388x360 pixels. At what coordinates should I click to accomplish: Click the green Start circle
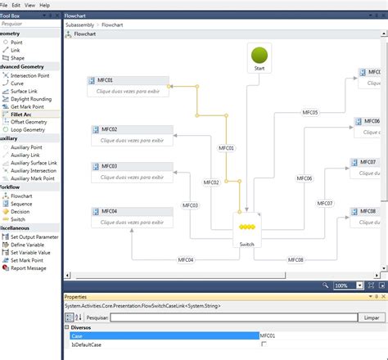click(x=259, y=55)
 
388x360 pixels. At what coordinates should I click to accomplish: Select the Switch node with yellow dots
click(x=247, y=232)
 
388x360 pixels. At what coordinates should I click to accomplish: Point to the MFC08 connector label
click(x=296, y=259)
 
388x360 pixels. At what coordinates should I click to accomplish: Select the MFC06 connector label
click(x=304, y=178)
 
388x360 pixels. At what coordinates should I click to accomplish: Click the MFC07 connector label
click(x=325, y=203)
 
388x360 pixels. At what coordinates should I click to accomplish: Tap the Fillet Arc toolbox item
click(x=23, y=114)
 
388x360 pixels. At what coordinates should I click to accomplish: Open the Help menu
click(x=44, y=5)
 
